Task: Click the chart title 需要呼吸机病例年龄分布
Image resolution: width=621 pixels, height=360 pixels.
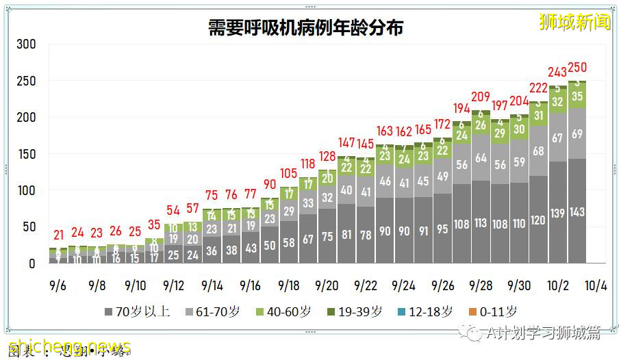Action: (305, 27)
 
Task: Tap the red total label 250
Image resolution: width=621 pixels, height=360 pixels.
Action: (577, 68)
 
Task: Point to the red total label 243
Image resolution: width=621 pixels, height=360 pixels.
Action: (558, 72)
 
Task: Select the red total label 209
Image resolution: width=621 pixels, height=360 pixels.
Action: (481, 97)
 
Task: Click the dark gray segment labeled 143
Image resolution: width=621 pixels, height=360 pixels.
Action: (577, 212)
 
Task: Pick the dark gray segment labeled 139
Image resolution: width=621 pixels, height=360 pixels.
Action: (558, 214)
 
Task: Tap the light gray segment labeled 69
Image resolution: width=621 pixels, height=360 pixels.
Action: (577, 133)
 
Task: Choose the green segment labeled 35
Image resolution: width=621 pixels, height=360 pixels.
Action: (577, 97)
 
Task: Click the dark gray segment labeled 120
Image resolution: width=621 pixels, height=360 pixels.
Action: (539, 220)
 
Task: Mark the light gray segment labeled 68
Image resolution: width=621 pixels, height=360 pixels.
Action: (539, 151)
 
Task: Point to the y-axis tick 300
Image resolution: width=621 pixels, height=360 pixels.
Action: (26, 44)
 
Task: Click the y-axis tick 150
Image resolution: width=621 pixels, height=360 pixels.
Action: (26, 154)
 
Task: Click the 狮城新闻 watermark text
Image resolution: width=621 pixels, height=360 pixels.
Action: (575, 22)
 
